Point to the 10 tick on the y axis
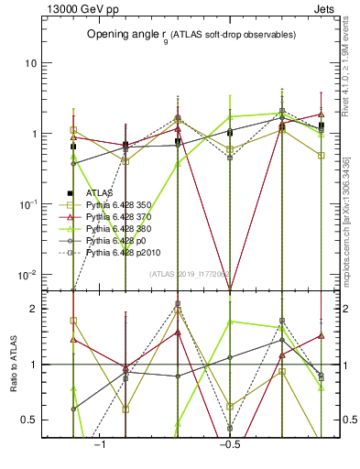[30, 63]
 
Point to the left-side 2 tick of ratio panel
[34, 309]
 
